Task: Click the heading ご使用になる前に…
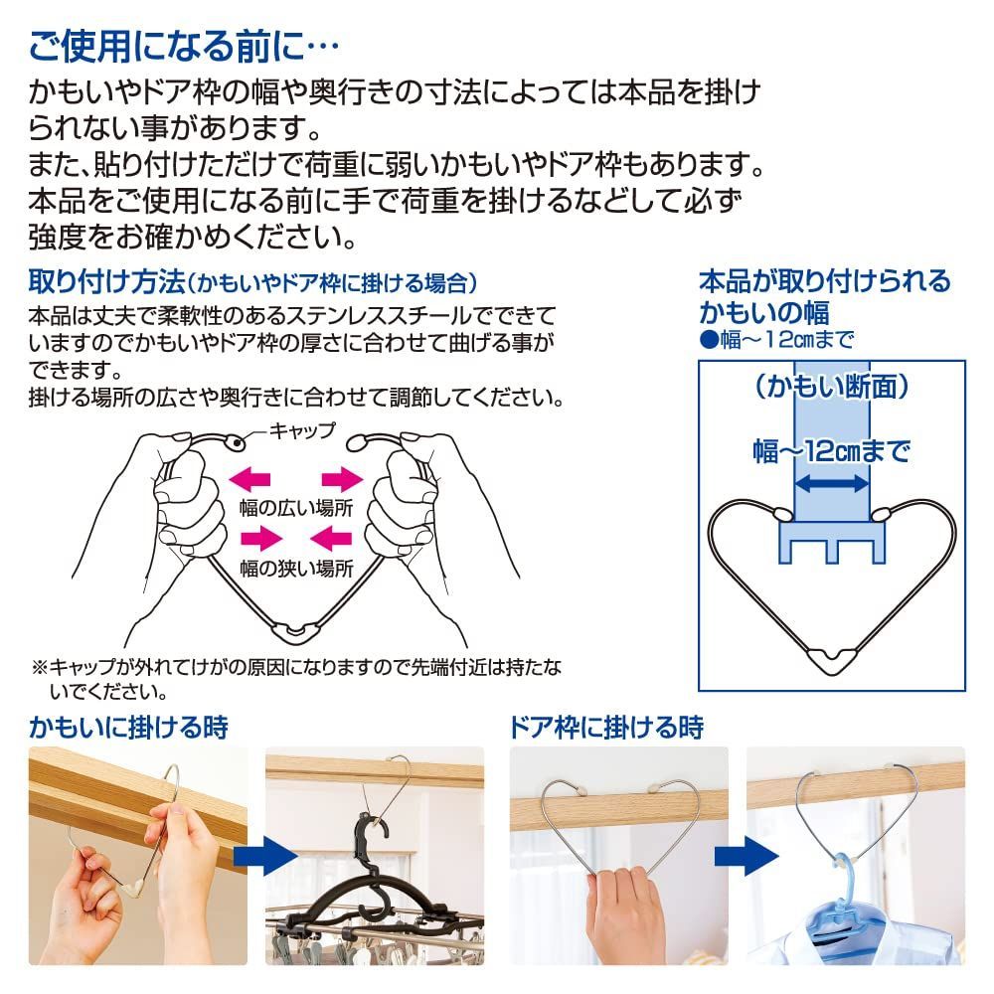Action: pyautogui.click(x=184, y=47)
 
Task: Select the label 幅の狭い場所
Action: pyautogui.click(x=297, y=570)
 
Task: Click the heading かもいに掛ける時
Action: pyautogui.click(x=128, y=727)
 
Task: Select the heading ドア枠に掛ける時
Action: pyautogui.click(x=605, y=727)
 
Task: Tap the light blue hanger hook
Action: pyautogui.click(x=845, y=871)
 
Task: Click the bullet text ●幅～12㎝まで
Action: pyautogui.click(x=775, y=339)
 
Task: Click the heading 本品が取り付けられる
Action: pyautogui.click(x=824, y=281)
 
